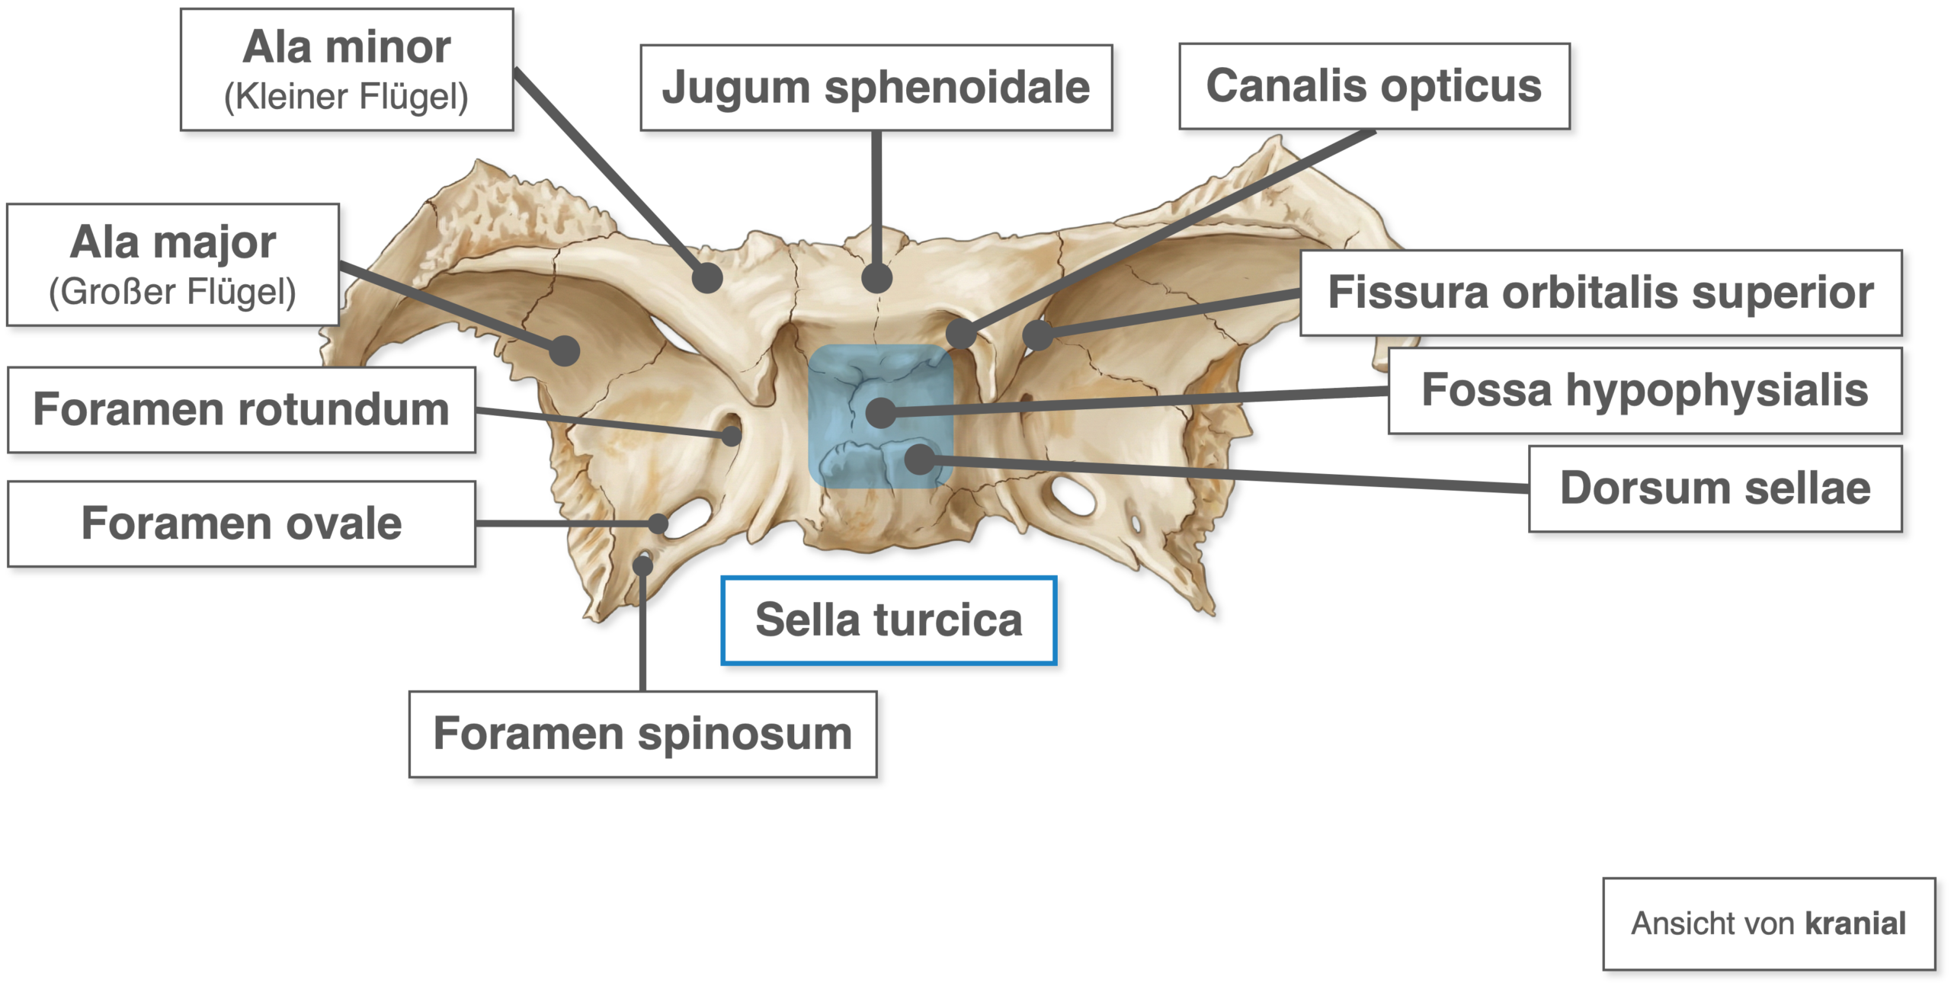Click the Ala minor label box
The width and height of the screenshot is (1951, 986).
point(347,69)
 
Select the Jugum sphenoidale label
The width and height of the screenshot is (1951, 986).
point(876,88)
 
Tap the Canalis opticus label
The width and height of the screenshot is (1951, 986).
point(1374,86)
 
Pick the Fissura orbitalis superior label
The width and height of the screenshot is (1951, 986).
point(1600,293)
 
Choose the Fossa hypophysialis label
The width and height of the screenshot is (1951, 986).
point(1645,391)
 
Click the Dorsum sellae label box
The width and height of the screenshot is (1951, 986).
point(1715,488)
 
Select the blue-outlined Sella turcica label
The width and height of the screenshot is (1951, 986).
point(889,620)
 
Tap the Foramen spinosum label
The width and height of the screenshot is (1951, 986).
point(642,734)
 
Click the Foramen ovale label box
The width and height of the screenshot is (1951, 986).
point(242,523)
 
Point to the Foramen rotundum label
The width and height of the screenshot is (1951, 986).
point(242,410)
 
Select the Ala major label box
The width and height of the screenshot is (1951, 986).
point(173,265)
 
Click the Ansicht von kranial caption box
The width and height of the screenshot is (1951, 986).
point(1769,924)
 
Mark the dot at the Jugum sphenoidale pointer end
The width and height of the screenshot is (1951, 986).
point(877,278)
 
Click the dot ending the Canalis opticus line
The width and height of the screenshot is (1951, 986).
point(961,333)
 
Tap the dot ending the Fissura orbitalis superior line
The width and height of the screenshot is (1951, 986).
point(1037,335)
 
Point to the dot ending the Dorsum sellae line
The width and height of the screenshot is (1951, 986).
point(921,459)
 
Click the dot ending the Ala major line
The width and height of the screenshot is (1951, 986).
point(565,351)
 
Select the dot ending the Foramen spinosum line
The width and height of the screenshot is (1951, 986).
point(643,565)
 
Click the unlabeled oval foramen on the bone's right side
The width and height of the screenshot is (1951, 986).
point(1073,495)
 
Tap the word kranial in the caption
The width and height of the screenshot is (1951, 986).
point(1856,924)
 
